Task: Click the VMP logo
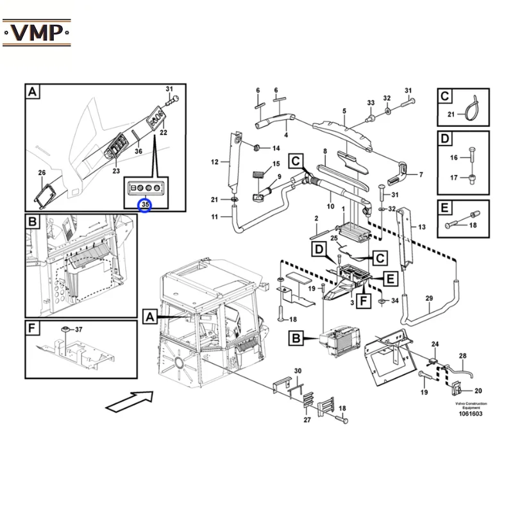(x=37, y=33)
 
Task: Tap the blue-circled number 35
(x=145, y=205)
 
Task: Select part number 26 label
(x=42, y=172)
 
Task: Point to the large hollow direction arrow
(x=130, y=401)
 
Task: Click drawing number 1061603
(x=471, y=414)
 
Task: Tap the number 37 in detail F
(x=78, y=330)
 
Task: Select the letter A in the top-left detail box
(x=33, y=91)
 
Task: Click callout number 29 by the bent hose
(x=429, y=298)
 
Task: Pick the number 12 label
(x=215, y=162)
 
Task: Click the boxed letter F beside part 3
(x=364, y=300)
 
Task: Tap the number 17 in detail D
(x=453, y=178)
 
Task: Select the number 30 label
(x=298, y=371)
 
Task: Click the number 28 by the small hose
(x=462, y=356)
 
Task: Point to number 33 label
(x=371, y=103)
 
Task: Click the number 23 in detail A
(x=116, y=171)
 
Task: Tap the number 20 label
(x=478, y=391)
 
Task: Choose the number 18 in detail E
(x=473, y=225)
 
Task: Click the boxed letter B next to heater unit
(x=296, y=338)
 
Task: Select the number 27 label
(x=307, y=420)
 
